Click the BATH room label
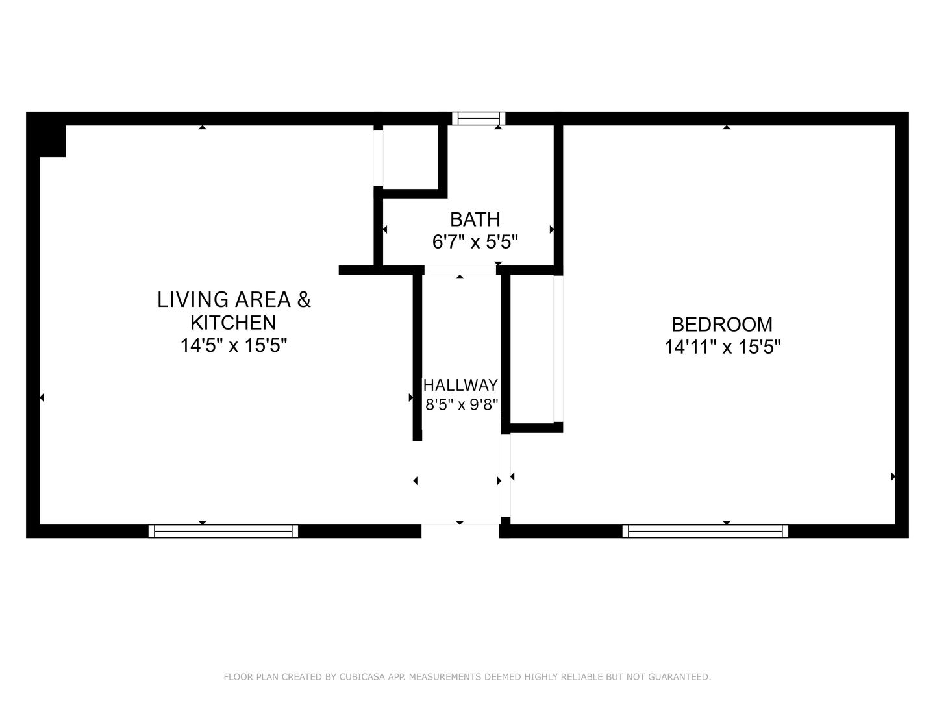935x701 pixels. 475,219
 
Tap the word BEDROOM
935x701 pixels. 722,325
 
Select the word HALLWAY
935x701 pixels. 460,385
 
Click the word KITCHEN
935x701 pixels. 233,323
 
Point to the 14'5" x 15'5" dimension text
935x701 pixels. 234,345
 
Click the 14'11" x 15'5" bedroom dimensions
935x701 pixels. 723,347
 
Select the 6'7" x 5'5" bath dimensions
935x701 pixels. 475,243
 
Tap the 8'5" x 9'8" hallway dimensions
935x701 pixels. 462,404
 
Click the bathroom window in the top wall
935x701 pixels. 479,118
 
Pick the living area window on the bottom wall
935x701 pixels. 223,532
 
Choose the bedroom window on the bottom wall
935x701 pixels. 705,532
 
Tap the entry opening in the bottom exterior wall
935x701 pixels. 460,531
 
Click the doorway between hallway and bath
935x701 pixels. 460,270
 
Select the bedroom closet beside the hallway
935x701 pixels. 532,349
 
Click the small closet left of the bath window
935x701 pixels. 410,157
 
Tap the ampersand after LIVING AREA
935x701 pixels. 303,300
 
